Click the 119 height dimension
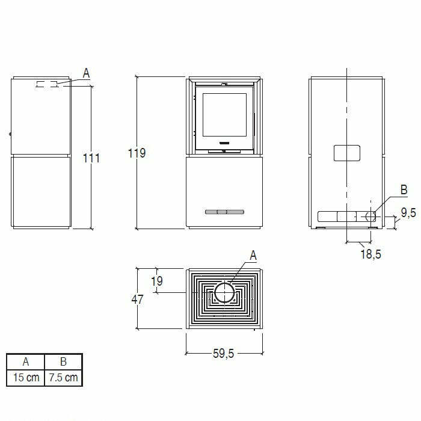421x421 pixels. tap(137, 153)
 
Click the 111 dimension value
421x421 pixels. tap(91, 158)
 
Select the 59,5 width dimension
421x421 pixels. tap(223, 354)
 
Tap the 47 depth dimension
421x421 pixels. tap(137, 299)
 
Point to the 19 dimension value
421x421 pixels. tap(157, 281)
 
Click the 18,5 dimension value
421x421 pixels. tap(370, 254)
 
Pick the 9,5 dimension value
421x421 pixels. tap(408, 213)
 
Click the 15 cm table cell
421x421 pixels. tap(26, 377)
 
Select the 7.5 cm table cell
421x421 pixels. tap(63, 377)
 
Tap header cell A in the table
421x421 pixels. tap(25, 361)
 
